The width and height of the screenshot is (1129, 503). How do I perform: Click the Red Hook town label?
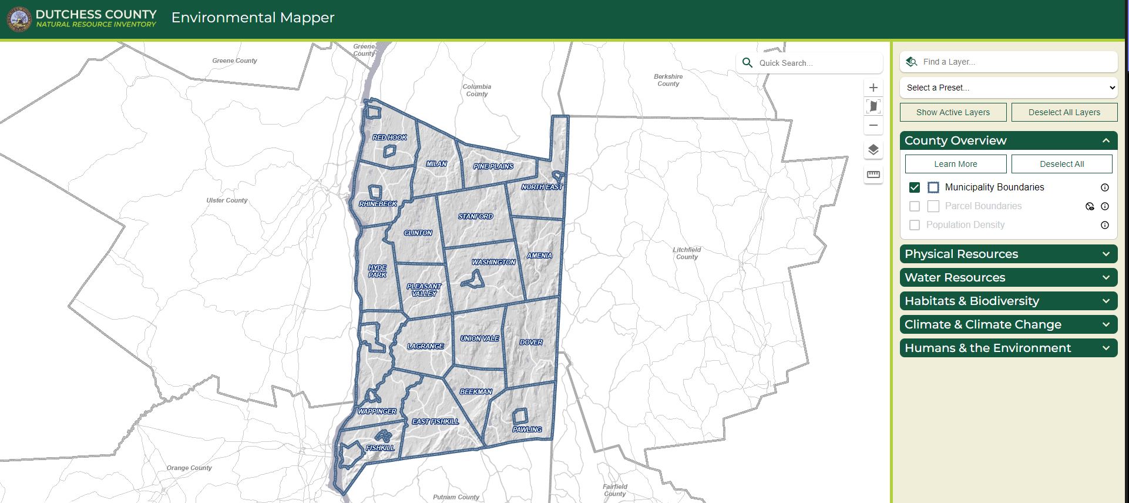tap(389, 138)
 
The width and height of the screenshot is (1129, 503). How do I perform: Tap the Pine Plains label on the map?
tap(493, 166)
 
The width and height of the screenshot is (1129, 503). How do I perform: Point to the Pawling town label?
tap(527, 430)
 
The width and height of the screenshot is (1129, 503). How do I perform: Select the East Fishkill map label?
tap(435, 421)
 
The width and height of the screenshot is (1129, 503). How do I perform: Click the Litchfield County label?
tap(687, 253)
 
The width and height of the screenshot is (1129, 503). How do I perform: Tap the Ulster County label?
tap(227, 200)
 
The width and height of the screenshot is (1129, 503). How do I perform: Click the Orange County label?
tap(189, 468)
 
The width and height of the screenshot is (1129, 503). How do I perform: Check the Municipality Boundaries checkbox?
tap(914, 187)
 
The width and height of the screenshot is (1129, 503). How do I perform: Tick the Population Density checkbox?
tap(914, 225)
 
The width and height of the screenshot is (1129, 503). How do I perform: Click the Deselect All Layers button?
tap(1064, 112)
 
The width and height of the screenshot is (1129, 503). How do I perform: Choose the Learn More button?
tap(955, 164)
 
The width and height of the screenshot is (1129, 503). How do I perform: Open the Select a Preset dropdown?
tap(1008, 88)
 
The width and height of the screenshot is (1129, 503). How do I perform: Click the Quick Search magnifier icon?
tap(747, 63)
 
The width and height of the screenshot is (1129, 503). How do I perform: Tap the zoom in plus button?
tap(873, 88)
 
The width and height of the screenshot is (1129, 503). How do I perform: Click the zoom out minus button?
tap(873, 125)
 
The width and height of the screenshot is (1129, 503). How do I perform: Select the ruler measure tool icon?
tap(873, 175)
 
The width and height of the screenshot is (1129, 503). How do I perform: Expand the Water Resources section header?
tap(1008, 277)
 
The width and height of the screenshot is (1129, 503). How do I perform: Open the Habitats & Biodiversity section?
tap(1008, 301)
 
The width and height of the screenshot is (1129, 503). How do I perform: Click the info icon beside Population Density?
tap(1104, 225)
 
